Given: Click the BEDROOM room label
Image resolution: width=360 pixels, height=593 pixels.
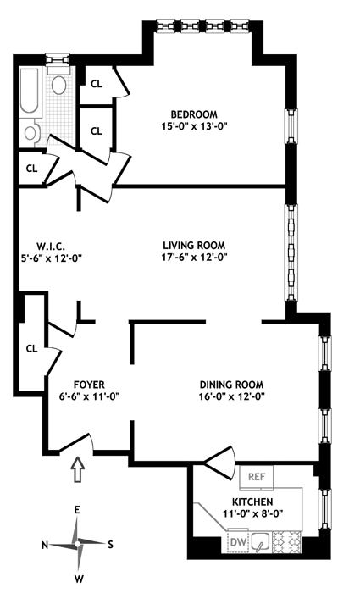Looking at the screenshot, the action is pos(194,114).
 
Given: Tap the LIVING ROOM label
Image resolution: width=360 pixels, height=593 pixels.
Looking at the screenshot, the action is pos(194,245).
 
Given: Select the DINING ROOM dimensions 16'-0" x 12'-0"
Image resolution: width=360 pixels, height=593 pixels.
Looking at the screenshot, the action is pos(231,396).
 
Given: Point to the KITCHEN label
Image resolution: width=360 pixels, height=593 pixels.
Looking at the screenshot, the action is pos(252,502).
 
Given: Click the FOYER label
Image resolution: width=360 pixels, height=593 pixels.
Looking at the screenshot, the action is pos(89,385).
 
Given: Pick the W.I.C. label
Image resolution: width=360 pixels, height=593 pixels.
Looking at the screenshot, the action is pos(51,247).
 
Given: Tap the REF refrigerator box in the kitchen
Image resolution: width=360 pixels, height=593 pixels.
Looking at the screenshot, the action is pos(257,476).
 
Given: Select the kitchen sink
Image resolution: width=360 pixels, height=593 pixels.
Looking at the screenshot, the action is pos(260,542).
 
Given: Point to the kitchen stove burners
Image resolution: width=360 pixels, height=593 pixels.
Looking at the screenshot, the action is pos(287,542).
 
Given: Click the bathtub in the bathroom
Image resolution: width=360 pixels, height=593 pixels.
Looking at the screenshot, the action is pos(29,91).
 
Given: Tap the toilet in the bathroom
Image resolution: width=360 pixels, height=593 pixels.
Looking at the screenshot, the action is pos(58,82).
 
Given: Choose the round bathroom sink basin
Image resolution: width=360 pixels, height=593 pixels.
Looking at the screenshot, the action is pos(30,133).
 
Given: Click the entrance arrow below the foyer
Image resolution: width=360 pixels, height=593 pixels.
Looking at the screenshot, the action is pos(78,469).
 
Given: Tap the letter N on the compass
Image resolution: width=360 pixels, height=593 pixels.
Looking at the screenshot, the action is pos(45,545).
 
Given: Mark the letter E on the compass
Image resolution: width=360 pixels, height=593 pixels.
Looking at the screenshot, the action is pos(77,510).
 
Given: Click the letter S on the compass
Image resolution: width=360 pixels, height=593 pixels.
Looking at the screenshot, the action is pos(110,545).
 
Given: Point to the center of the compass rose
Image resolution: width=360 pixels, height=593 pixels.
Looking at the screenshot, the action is pos(78,544).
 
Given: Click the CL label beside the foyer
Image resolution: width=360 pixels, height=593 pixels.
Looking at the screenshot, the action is pos(32,348).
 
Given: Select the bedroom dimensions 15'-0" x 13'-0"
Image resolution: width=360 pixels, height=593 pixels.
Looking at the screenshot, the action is pos(194,126).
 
